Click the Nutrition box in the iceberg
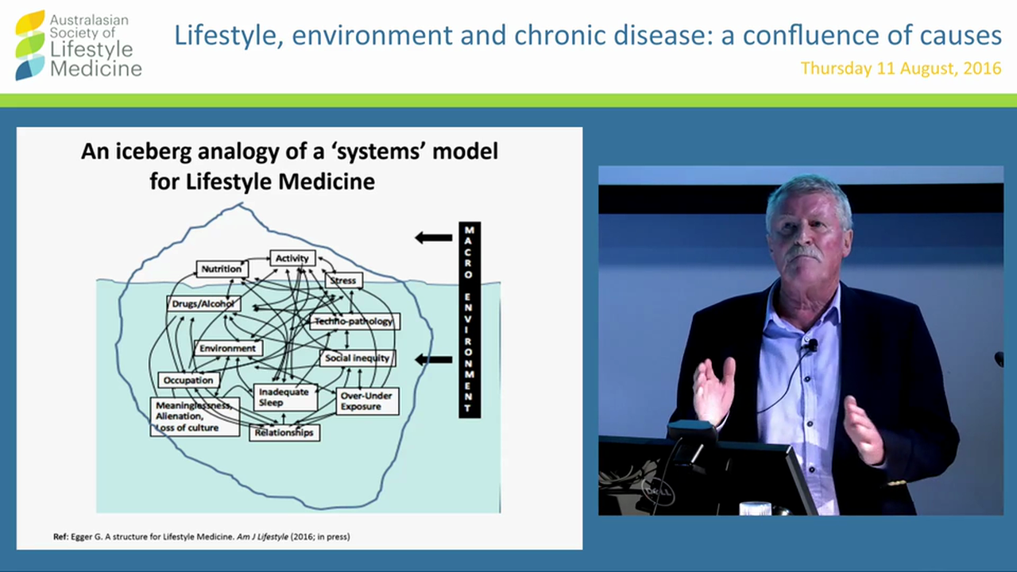[222, 269]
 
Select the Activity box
[292, 258]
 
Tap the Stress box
[343, 280]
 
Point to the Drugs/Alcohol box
[203, 303]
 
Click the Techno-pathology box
[354, 321]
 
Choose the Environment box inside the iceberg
[227, 348]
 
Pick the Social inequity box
[358, 358]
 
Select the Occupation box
[188, 380]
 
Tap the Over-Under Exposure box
[367, 400]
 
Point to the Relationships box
[284, 433]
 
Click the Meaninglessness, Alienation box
[195, 416]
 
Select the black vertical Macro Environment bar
[470, 319]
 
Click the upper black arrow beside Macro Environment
[434, 237]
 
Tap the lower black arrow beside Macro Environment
[434, 360]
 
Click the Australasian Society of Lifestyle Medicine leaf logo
[30, 45]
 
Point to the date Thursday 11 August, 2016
[900, 68]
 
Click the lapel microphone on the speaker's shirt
[812, 346]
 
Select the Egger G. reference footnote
[201, 537]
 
